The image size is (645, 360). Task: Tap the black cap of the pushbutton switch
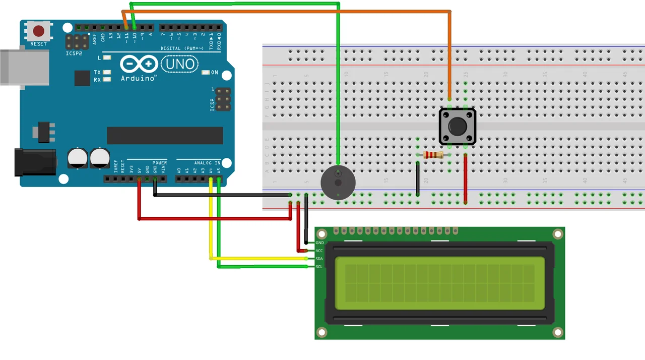tap(457, 126)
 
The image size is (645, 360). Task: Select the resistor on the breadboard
tap(433, 155)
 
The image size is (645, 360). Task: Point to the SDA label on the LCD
tap(319, 259)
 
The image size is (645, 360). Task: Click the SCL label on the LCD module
tap(319, 267)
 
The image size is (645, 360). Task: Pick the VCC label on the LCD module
tap(319, 251)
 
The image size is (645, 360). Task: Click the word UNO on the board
tap(180, 64)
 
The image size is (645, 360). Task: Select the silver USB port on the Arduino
tap(23, 67)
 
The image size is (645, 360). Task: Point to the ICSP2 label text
tap(74, 53)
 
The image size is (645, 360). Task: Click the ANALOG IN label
tap(207, 163)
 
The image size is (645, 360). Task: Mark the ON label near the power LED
tap(215, 73)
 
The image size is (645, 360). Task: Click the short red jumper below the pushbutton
tap(465, 179)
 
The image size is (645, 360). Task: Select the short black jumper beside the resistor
tap(418, 179)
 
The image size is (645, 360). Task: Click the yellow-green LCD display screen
tap(440, 283)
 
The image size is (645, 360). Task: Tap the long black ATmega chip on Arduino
tap(165, 136)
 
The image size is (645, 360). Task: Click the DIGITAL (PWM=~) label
tap(182, 48)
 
